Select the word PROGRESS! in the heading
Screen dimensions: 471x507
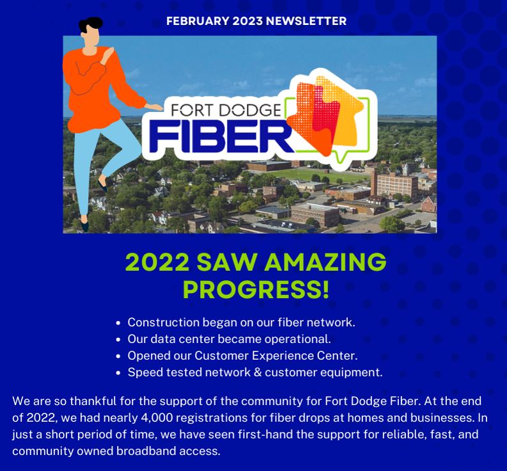pyautogui.click(x=256, y=289)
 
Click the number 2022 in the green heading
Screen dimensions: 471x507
pyautogui.click(x=157, y=262)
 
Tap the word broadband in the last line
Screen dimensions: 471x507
pyautogui.click(x=147, y=451)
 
